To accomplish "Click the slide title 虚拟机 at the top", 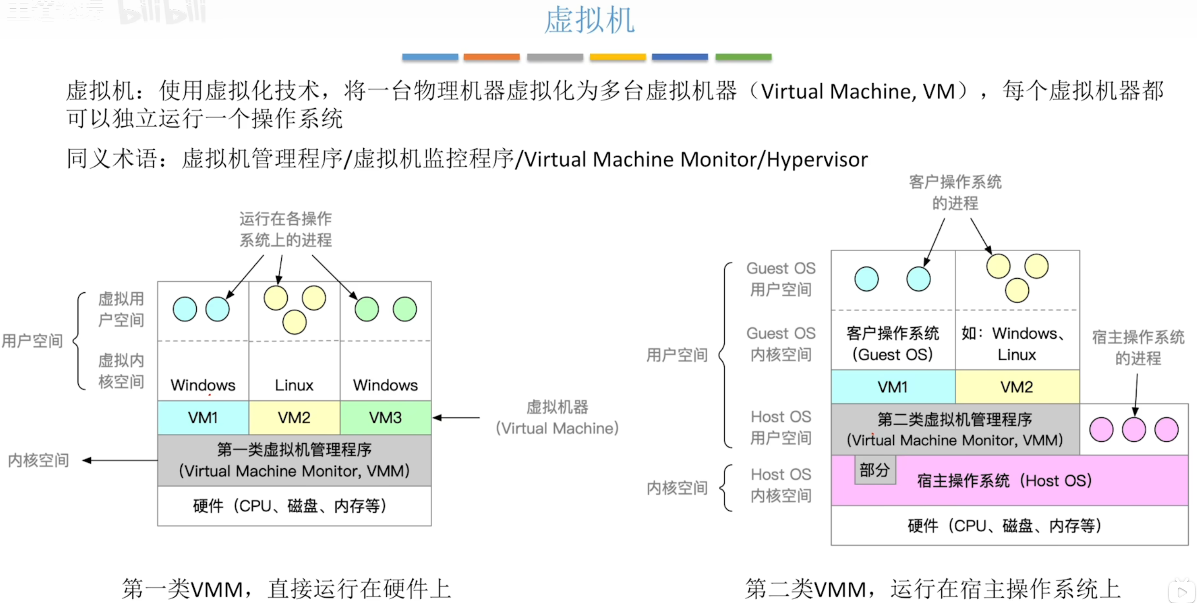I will point(589,20).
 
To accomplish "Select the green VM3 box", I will point(385,417).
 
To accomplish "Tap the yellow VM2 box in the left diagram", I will point(294,417).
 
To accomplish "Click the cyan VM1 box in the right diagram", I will point(892,387).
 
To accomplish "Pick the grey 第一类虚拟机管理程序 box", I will point(294,460).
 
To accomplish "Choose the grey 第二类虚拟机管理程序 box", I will point(955,430).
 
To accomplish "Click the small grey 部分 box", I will point(875,470).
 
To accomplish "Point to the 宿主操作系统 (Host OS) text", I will point(1005,481).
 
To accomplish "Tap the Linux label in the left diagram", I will point(294,385).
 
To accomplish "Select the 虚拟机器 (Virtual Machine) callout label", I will point(557,417).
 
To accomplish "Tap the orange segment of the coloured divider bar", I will point(491,57).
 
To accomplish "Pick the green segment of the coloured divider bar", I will point(743,57).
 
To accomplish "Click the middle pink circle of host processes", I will point(1134,430).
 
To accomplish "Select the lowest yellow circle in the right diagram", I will point(1017,290).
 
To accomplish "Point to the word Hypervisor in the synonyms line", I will point(817,159).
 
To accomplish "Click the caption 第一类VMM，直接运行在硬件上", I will point(286,589).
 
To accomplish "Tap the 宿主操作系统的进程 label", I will point(1138,347).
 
